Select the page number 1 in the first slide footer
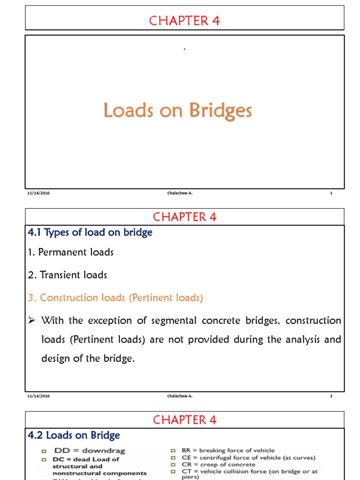point(331,193)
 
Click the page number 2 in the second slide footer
point(331,396)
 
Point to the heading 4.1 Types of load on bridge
point(90,232)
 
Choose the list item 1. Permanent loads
point(71,252)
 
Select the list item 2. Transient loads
point(67,275)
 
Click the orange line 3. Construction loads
point(115,298)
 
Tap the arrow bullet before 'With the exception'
point(32,321)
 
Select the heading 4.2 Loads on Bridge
point(74,435)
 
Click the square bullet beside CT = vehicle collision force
point(172,472)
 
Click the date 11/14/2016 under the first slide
point(38,193)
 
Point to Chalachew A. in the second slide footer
point(180,396)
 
